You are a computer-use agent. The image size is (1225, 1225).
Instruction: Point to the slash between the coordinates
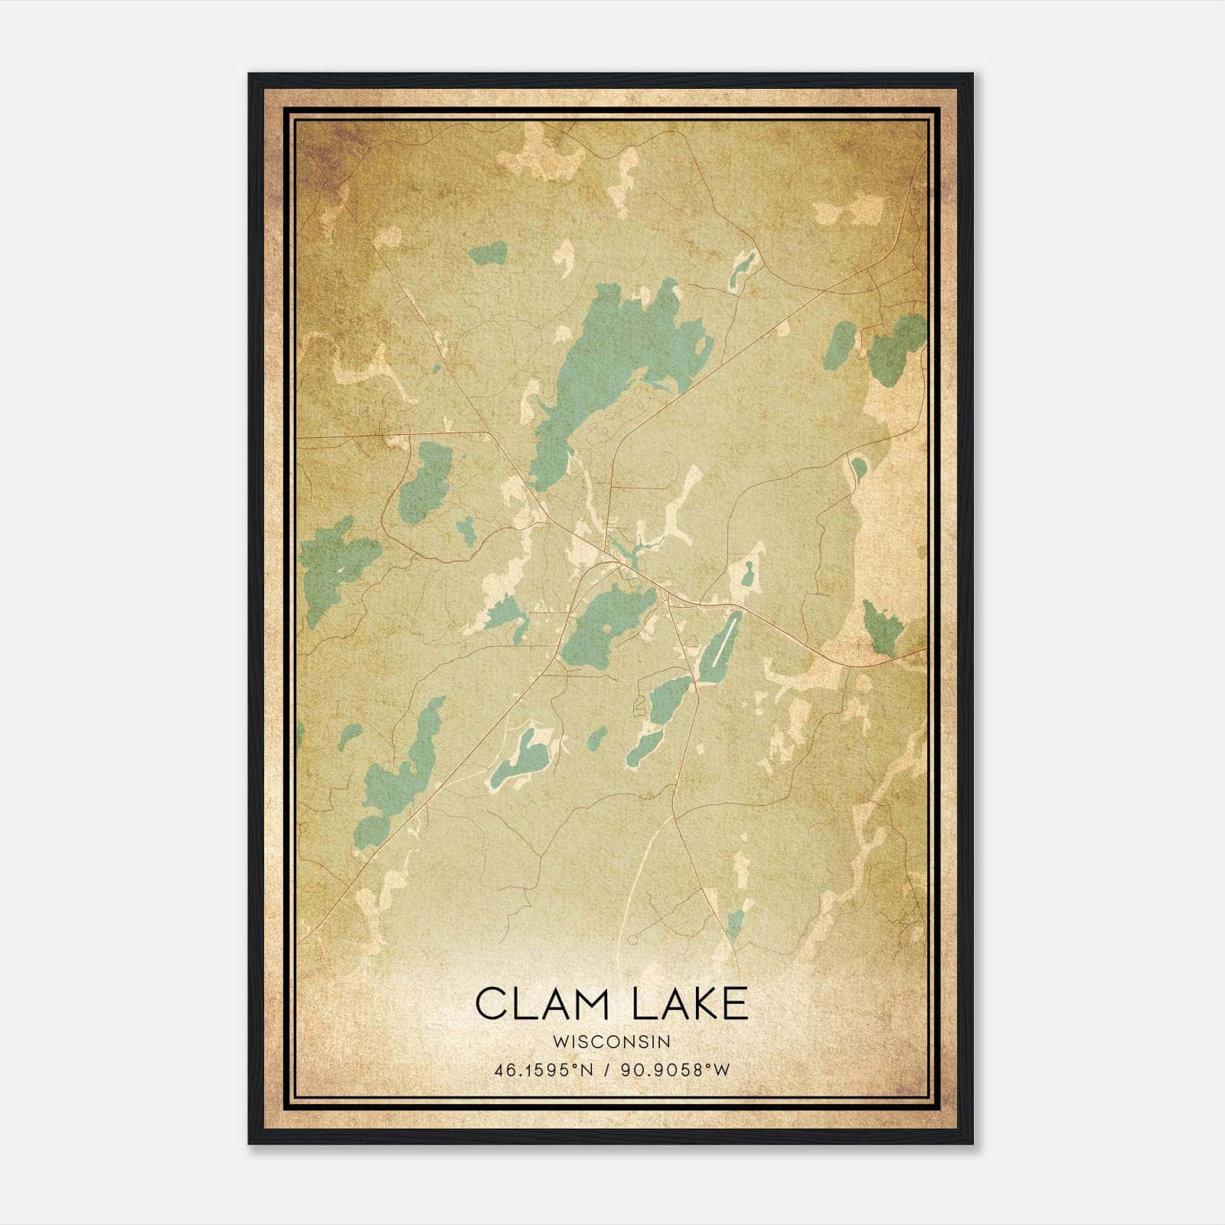point(607,1070)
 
